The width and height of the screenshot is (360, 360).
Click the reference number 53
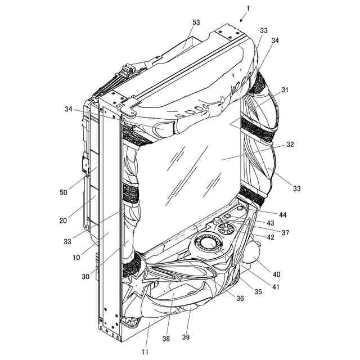coord(196,22)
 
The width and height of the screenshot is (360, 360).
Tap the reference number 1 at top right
coord(248,8)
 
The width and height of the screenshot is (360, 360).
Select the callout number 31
coord(285,90)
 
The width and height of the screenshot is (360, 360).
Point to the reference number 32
coord(290,145)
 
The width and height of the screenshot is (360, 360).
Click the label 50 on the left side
coord(64,192)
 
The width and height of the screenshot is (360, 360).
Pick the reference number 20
coord(63,220)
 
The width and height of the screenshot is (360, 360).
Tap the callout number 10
coord(76,258)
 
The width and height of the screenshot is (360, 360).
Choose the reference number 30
coord(85,277)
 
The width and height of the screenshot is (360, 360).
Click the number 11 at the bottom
coord(145,352)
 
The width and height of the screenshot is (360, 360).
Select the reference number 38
coord(166,339)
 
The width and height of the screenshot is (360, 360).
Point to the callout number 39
coord(186,337)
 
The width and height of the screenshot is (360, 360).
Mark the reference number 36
coord(240,298)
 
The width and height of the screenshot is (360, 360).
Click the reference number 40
coord(276,274)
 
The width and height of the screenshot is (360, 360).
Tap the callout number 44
coord(282,215)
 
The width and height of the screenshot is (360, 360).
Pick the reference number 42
coord(271,237)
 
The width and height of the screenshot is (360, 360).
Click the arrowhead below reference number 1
coord(241,20)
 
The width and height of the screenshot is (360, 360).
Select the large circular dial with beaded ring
coord(208,244)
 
